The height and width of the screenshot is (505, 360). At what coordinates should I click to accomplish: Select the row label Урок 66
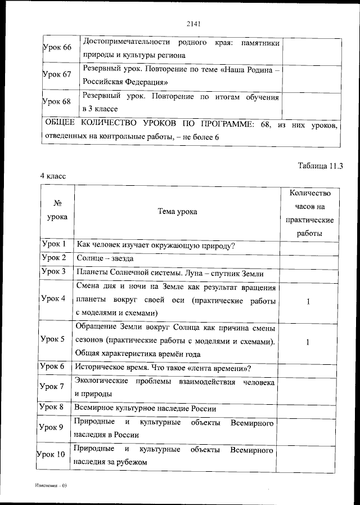point(57,47)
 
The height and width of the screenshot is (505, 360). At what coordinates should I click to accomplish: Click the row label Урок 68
point(57,102)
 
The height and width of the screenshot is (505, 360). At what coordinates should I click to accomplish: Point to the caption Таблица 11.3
point(319,166)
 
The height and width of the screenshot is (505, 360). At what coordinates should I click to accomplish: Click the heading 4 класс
point(53,176)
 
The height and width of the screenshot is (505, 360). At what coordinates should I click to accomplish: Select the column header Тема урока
point(177,212)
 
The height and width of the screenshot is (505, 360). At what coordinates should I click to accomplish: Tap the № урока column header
point(57,209)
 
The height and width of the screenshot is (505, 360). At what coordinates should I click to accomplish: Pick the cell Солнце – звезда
point(105,258)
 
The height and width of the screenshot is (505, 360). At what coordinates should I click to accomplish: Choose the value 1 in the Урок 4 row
point(308,302)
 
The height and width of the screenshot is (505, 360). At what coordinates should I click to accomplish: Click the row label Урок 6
point(54,367)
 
